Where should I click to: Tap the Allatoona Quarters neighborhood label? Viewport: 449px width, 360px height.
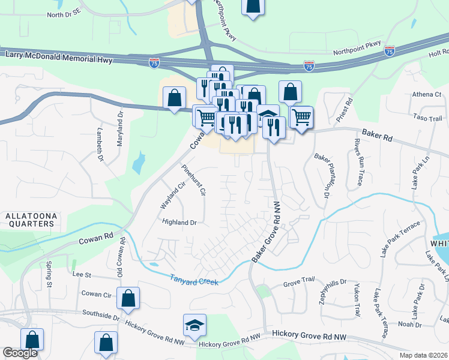[29, 219]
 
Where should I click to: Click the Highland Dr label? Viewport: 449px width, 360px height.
[179, 222]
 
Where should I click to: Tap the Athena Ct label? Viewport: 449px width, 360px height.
[426, 95]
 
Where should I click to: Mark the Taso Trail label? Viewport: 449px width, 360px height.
[427, 119]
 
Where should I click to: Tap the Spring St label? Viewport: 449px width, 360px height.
[49, 274]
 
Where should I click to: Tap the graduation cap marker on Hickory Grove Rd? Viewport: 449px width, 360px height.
[195, 325]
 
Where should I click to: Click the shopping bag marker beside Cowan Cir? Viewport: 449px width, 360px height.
[128, 298]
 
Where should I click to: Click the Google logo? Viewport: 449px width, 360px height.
[20, 353]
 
